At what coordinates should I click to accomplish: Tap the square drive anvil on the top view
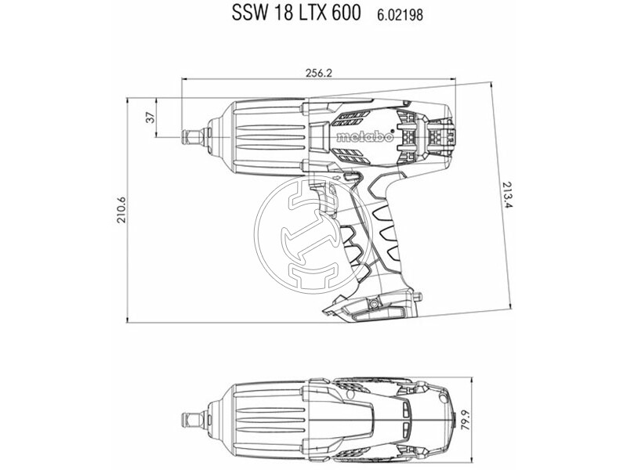click(190, 416)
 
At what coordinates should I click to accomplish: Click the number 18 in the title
click(276, 13)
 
